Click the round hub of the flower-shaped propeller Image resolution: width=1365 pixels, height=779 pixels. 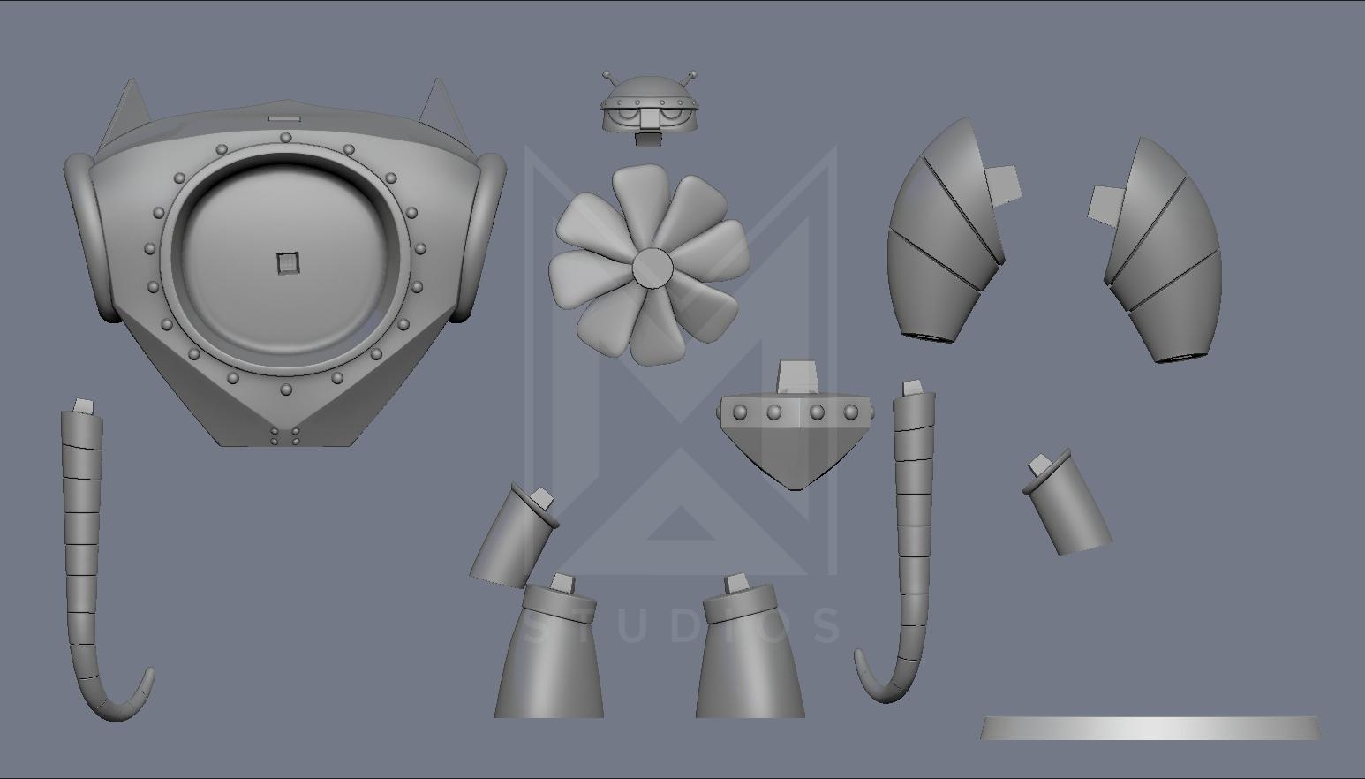(652, 268)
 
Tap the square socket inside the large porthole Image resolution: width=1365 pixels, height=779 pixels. (288, 263)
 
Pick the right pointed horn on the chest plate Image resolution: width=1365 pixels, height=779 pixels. (438, 109)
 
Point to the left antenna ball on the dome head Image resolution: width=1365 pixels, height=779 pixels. (607, 75)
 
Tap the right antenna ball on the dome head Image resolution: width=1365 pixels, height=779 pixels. (692, 75)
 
